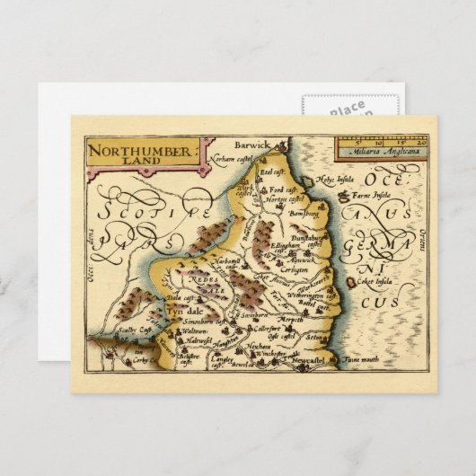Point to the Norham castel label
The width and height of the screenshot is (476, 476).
pyautogui.click(x=239, y=156)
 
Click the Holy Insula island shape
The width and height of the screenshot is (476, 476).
pyautogui.click(x=313, y=182)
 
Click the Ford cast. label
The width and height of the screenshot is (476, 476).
pyautogui.click(x=281, y=190)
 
